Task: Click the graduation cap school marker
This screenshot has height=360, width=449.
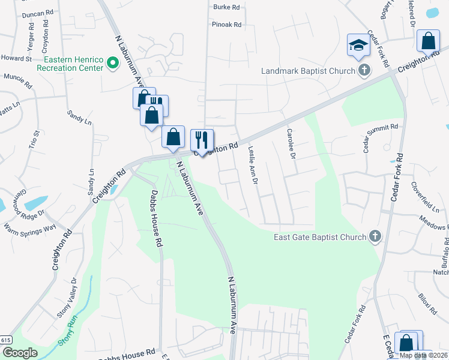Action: [x=358, y=46]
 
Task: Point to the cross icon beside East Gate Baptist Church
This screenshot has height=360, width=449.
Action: [x=375, y=236]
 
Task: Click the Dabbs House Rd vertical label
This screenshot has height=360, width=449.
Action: [x=157, y=218]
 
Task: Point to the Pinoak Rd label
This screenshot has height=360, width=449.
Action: [x=226, y=25]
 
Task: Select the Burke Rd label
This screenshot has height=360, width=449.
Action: [x=226, y=8]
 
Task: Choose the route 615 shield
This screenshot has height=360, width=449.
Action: [x=5, y=340]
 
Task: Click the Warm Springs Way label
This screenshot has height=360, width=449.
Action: [x=29, y=227]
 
